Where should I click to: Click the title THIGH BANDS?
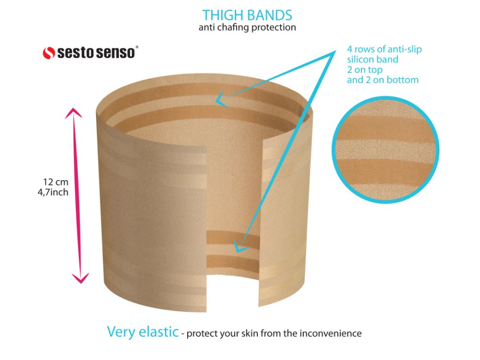coord(247,15)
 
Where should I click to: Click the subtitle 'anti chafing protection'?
coord(247,27)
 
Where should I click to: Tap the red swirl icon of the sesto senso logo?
coord(49,53)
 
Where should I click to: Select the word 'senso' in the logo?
coord(115,52)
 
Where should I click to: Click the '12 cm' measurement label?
coord(56,182)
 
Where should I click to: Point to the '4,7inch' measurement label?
coord(53,192)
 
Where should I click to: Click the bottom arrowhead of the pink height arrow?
coord(81,278)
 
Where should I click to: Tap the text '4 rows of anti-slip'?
coord(384,49)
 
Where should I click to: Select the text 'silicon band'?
coord(373,60)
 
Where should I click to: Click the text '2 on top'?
coord(365,70)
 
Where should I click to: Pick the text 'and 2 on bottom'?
coord(382,80)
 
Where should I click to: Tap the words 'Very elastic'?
coord(142,332)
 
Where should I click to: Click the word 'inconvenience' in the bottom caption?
coord(330,333)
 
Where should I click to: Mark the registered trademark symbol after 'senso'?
coord(137,47)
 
